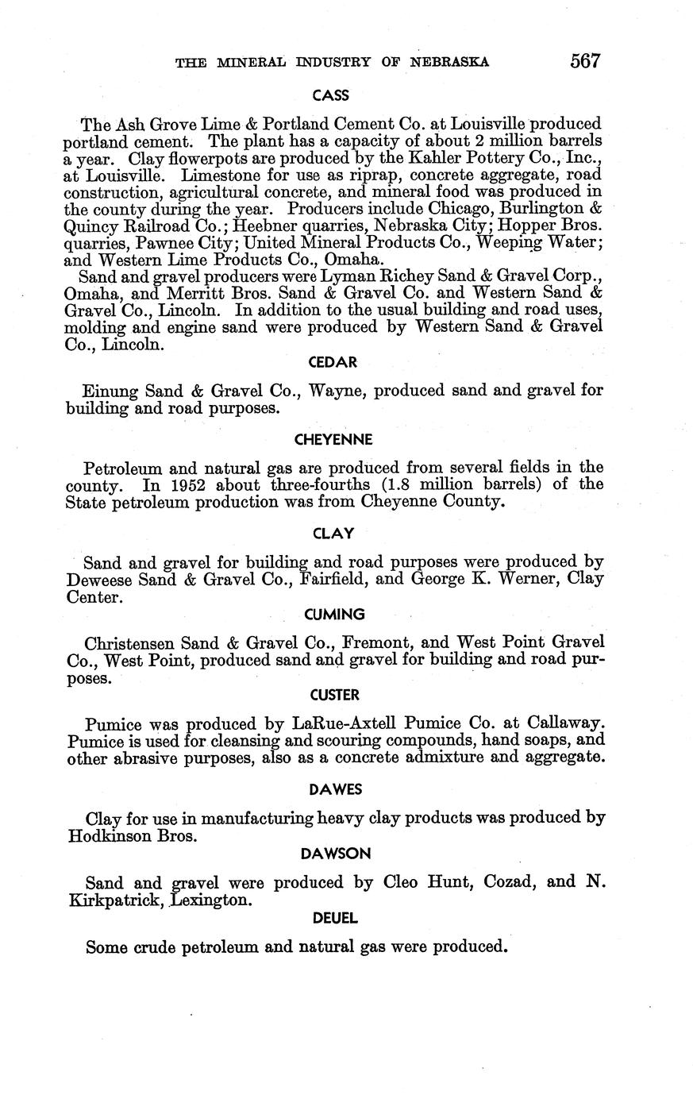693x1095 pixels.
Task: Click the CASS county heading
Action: point(330,95)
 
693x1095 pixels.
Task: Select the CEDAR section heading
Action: point(333,362)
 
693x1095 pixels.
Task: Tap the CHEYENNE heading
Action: point(333,439)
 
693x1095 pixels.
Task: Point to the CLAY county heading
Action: point(333,534)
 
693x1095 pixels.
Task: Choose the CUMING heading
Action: point(334,614)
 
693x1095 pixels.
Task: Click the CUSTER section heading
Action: point(334,695)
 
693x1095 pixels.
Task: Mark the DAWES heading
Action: point(335,789)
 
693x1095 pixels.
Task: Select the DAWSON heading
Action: point(335,854)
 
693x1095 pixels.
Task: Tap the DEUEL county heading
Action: point(335,918)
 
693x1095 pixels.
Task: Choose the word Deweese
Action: point(100,580)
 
